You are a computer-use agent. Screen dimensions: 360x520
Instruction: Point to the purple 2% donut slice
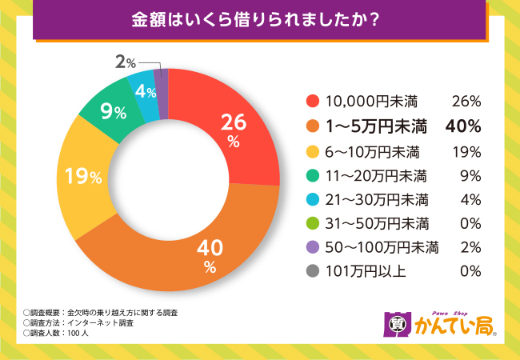click(x=161, y=83)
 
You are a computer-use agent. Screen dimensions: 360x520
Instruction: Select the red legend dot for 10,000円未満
click(x=313, y=102)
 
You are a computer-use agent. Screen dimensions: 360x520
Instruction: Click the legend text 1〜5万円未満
click(x=376, y=126)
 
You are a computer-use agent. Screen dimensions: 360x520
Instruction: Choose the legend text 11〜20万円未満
click(x=376, y=174)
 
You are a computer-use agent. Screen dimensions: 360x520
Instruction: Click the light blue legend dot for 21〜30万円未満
click(x=313, y=198)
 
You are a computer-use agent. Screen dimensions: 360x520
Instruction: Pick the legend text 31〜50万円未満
click(x=376, y=222)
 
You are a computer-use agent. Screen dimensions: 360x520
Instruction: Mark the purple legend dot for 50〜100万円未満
click(x=313, y=246)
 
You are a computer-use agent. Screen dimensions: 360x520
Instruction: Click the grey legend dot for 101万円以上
click(x=313, y=270)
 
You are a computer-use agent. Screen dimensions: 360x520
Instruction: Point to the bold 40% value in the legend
click(x=465, y=126)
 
